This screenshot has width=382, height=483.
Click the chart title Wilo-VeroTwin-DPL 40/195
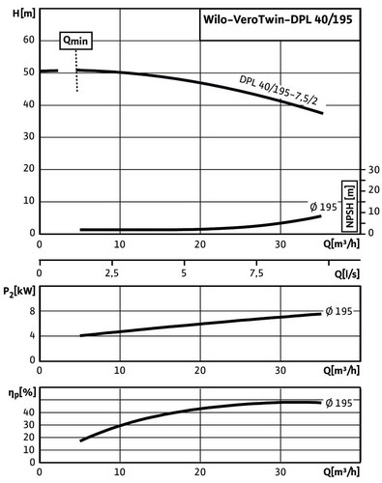point(278,19)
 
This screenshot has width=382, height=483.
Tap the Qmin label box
point(75,41)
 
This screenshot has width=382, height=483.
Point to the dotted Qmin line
point(76,71)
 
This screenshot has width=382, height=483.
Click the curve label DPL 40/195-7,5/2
point(279,91)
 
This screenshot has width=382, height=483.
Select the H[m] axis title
point(24,14)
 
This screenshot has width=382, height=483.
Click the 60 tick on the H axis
point(29,40)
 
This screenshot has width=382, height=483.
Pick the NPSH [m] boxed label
point(349,206)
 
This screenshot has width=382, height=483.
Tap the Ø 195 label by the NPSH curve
point(323,207)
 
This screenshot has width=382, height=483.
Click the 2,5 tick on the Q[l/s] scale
point(111,273)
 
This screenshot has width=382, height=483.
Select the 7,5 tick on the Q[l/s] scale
point(256,273)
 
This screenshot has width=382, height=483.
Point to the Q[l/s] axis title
point(346,274)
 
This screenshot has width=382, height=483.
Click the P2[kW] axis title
point(19,292)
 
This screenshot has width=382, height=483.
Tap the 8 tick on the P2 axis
point(32,311)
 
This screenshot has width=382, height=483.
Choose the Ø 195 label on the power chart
point(338,311)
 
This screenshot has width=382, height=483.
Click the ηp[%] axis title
point(22,393)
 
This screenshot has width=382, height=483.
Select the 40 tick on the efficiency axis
point(29,412)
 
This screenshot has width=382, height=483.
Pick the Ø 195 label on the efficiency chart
point(338,403)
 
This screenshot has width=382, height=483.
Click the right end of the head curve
point(322,113)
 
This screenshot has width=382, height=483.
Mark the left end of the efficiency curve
point(80,440)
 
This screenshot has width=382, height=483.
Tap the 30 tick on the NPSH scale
point(374,170)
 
